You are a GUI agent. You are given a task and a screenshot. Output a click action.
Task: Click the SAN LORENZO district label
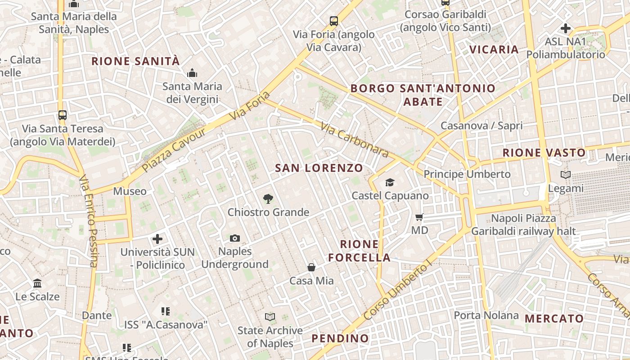(319, 168)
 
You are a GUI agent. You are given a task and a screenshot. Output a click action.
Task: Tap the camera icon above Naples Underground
(235, 238)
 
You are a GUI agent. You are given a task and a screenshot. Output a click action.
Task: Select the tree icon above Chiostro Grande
(268, 198)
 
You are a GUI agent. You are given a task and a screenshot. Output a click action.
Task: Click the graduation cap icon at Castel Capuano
(390, 182)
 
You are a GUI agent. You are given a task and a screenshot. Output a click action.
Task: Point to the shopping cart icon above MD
(419, 217)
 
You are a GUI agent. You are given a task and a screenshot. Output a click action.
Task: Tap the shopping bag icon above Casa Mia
(311, 268)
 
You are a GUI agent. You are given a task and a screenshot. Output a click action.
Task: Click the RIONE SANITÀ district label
(135, 61)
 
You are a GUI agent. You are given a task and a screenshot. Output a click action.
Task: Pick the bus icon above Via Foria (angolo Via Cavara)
(334, 21)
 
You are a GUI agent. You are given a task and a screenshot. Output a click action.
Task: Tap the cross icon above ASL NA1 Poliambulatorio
(566, 28)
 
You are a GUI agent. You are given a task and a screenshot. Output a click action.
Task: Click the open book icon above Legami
(566, 175)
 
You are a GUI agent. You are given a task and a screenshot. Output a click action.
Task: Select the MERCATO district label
(554, 319)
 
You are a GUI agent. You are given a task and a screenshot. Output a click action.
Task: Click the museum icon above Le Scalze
(37, 283)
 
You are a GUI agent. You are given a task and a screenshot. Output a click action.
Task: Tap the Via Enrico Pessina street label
(88, 220)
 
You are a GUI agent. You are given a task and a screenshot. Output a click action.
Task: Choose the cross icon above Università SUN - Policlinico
(157, 238)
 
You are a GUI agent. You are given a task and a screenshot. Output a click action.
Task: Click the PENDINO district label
(340, 338)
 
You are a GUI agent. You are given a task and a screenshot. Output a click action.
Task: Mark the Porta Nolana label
(486, 315)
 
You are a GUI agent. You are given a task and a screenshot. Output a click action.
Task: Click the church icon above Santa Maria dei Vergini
(192, 73)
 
